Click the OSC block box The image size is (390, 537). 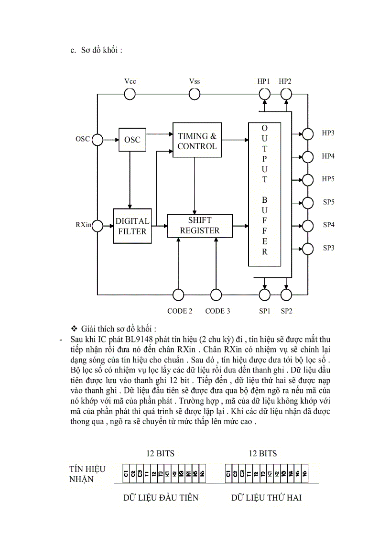pos(132,140)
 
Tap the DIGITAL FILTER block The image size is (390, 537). pos(132,226)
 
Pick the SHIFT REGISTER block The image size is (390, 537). pos(200,226)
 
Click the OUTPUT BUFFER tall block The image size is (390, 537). pos(264,194)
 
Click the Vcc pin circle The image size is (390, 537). pos(130,94)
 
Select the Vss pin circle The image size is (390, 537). pos(195,94)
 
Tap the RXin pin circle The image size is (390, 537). pos(97,225)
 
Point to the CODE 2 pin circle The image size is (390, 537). pos(178,295)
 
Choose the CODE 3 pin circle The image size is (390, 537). pos(216,295)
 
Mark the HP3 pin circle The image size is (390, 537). pos(308,133)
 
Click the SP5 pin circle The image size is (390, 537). pos(308,202)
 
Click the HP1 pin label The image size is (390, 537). pos(264,81)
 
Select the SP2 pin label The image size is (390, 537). pos(286,311)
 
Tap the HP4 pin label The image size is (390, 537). pos(328,156)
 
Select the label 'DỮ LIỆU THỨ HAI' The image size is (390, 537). pos(267,498)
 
